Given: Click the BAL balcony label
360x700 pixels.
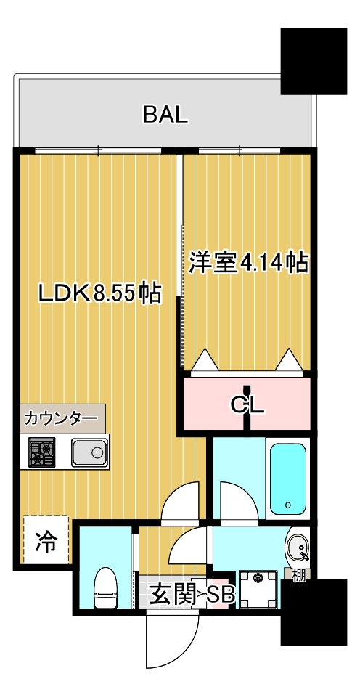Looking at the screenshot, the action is pyautogui.click(x=165, y=115).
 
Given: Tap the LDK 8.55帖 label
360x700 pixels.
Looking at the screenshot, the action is pyautogui.click(x=100, y=293).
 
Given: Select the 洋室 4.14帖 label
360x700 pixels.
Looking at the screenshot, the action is pyautogui.click(x=248, y=263).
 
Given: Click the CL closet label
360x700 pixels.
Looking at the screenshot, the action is pyautogui.click(x=247, y=404).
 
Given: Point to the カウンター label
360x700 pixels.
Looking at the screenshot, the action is pyautogui.click(x=61, y=419).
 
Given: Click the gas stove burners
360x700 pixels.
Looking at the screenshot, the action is pyautogui.click(x=42, y=452).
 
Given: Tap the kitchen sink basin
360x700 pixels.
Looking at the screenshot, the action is pyautogui.click(x=90, y=452).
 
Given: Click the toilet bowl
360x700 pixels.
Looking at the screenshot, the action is pyautogui.click(x=105, y=587).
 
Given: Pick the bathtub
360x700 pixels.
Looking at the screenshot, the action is pyautogui.click(x=287, y=478).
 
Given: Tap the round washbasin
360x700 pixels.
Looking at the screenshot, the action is pyautogui.click(x=297, y=548).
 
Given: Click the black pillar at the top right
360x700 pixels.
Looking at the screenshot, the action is pyautogui.click(x=314, y=61).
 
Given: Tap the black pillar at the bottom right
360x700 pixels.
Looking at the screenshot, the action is pyautogui.click(x=314, y=612).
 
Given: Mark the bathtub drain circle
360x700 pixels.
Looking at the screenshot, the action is pyautogui.click(x=287, y=505).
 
